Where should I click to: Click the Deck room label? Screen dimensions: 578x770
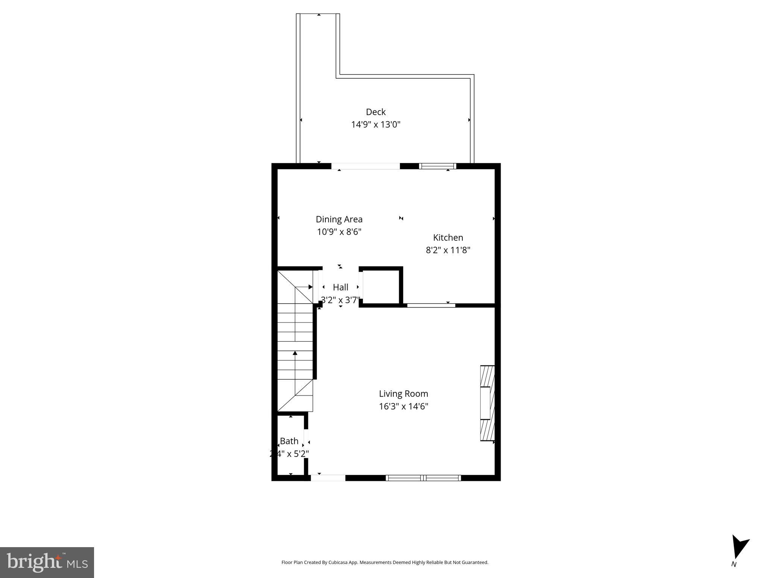click(x=375, y=112)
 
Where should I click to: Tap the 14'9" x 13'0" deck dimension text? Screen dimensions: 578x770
click(x=375, y=125)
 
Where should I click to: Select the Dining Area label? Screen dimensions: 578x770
click(x=339, y=219)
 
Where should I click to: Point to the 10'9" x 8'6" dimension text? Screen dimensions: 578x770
click(x=339, y=232)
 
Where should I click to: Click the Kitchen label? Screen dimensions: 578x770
click(x=448, y=237)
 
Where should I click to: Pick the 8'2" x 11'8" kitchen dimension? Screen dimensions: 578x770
click(x=448, y=250)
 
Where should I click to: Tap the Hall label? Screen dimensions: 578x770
click(x=340, y=287)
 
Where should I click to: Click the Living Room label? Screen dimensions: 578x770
click(x=403, y=394)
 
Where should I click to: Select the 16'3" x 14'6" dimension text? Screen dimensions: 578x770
click(x=403, y=406)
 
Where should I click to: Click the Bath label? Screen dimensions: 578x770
click(x=289, y=441)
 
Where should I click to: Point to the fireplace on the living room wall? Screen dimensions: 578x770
click(x=487, y=403)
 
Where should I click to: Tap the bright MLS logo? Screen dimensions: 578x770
click(x=47, y=562)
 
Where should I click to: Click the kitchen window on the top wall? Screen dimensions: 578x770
click(x=437, y=166)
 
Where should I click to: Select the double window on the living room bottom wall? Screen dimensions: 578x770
click(x=424, y=478)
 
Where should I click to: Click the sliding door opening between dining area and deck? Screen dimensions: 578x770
click(x=365, y=166)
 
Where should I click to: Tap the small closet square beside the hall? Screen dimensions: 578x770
click(x=380, y=287)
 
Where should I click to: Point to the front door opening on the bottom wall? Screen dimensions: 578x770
click(x=328, y=478)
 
